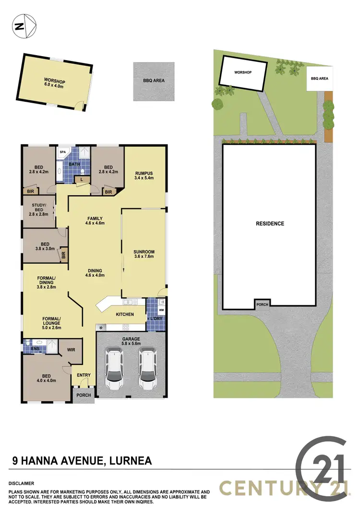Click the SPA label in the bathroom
coord(62,153)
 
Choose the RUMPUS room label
coord(144,174)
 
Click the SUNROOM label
coord(144,251)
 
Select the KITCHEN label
coord(124,314)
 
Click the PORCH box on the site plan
coord(263,304)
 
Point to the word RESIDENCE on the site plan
coord(270,224)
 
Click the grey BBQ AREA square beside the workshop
coord(154,81)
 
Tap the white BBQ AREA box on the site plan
coord(320,78)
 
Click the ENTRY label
coord(84,375)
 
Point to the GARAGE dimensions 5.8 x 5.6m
coord(132,344)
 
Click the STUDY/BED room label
coord(39,210)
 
